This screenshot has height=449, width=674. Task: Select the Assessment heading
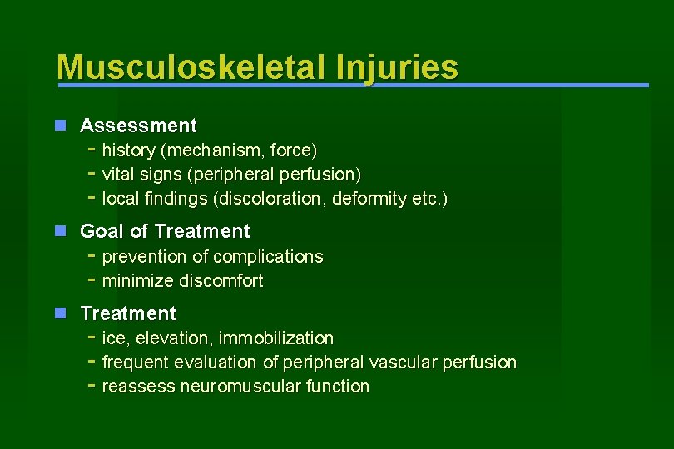(138, 126)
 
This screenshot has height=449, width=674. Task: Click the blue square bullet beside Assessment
(60, 126)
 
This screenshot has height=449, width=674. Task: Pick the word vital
(118, 175)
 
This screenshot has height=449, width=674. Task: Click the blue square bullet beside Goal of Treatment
(60, 231)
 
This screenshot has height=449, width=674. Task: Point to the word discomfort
(216, 280)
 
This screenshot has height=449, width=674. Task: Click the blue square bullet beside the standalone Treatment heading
(60, 313)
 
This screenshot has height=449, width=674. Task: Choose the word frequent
(136, 362)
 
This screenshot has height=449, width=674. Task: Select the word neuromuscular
(249, 386)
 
